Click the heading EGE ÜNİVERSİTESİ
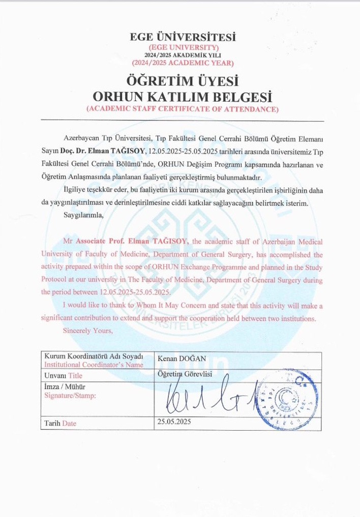[x=183, y=37]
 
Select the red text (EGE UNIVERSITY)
[x=183, y=47]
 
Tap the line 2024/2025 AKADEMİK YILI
[x=183, y=55]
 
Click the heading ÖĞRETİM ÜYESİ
[x=183, y=81]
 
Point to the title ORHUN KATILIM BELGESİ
[x=183, y=97]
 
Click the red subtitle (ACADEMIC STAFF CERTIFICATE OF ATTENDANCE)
[x=183, y=109]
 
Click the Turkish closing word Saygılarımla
[x=84, y=215]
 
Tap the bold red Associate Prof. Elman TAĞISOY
[x=132, y=241]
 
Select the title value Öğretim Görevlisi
[x=185, y=374]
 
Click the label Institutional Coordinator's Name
[x=94, y=364]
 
